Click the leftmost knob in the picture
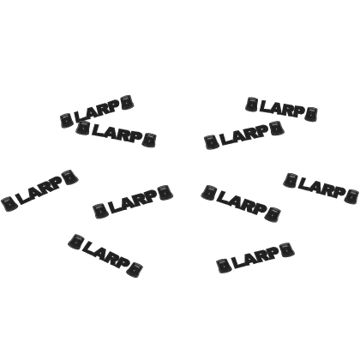(9, 203)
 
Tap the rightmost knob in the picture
(351, 196)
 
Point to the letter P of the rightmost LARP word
(339, 192)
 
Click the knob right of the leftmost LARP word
(70, 177)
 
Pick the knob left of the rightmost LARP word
(291, 180)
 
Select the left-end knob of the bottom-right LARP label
(224, 266)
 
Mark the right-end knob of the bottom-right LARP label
(287, 249)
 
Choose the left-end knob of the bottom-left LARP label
(75, 242)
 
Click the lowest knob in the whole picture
(135, 270)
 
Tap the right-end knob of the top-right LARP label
(310, 114)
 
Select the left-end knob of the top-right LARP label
(252, 105)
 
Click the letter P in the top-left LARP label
(114, 105)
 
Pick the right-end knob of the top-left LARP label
(127, 102)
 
